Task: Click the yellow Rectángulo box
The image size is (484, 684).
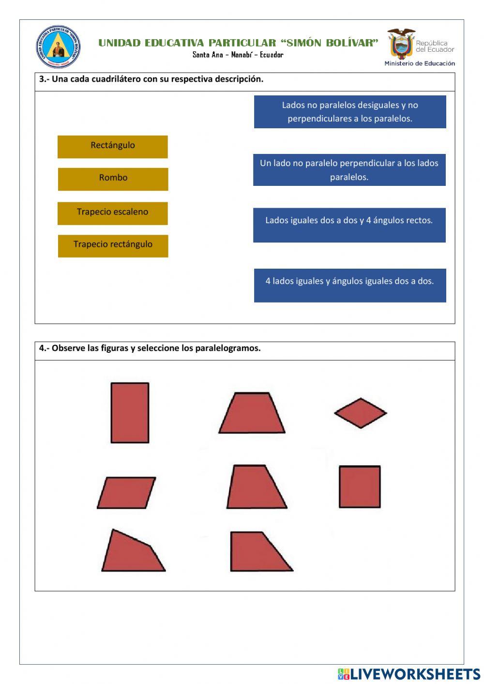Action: pyautogui.click(x=112, y=146)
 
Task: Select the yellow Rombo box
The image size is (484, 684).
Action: pyautogui.click(x=113, y=179)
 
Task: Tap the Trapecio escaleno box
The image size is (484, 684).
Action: pyautogui.click(x=112, y=213)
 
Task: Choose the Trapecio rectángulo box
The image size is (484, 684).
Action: pyautogui.click(x=113, y=245)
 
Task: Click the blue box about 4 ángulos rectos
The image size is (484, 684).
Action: pyautogui.click(x=349, y=225)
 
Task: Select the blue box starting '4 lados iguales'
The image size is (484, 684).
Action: pyautogui.click(x=349, y=285)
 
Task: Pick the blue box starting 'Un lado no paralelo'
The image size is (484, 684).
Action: pyautogui.click(x=349, y=170)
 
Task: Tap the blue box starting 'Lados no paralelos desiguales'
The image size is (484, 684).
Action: pyautogui.click(x=349, y=112)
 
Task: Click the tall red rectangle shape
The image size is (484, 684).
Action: pyautogui.click(x=130, y=412)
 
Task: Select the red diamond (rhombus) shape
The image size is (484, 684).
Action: pyautogui.click(x=360, y=413)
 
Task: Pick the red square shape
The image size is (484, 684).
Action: pyautogui.click(x=360, y=486)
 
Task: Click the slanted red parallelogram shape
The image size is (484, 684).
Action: pyautogui.click(x=126, y=493)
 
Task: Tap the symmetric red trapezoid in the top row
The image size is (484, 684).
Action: pyautogui.click(x=252, y=414)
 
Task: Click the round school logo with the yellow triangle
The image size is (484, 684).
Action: pyautogui.click(x=58, y=47)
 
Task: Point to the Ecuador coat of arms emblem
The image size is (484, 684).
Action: pyautogui.click(x=401, y=44)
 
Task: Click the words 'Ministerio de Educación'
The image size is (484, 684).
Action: pyautogui.click(x=420, y=63)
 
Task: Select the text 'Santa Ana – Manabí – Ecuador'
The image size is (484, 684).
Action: pyautogui.click(x=238, y=55)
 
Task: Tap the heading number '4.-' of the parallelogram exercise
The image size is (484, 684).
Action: pyautogui.click(x=45, y=348)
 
